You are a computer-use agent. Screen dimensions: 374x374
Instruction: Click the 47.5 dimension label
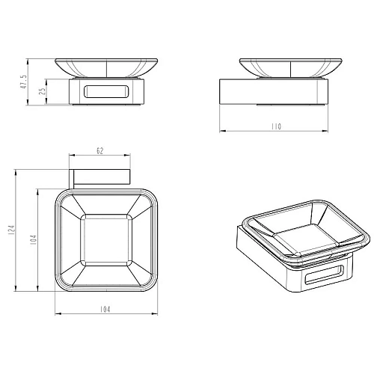pyautogui.click(x=23, y=82)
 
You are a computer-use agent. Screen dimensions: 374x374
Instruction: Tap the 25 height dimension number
pyautogui.click(x=43, y=91)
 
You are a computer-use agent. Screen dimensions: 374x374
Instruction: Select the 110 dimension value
pyautogui.click(x=276, y=126)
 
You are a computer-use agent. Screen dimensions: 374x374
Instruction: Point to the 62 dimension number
pyautogui.click(x=99, y=151)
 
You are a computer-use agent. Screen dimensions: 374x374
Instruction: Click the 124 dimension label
pyautogui.click(x=11, y=230)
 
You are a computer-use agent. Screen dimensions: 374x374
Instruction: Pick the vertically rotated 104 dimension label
pyautogui.click(x=34, y=239)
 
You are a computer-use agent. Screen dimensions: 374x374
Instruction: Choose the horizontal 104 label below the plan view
pyautogui.click(x=105, y=310)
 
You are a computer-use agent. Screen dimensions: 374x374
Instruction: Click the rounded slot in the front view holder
pyautogui.click(x=106, y=91)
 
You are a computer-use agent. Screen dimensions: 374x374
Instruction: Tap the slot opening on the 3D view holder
pyautogui.click(x=324, y=275)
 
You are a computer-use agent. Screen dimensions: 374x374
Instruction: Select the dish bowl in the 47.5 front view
pyautogui.click(x=106, y=68)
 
